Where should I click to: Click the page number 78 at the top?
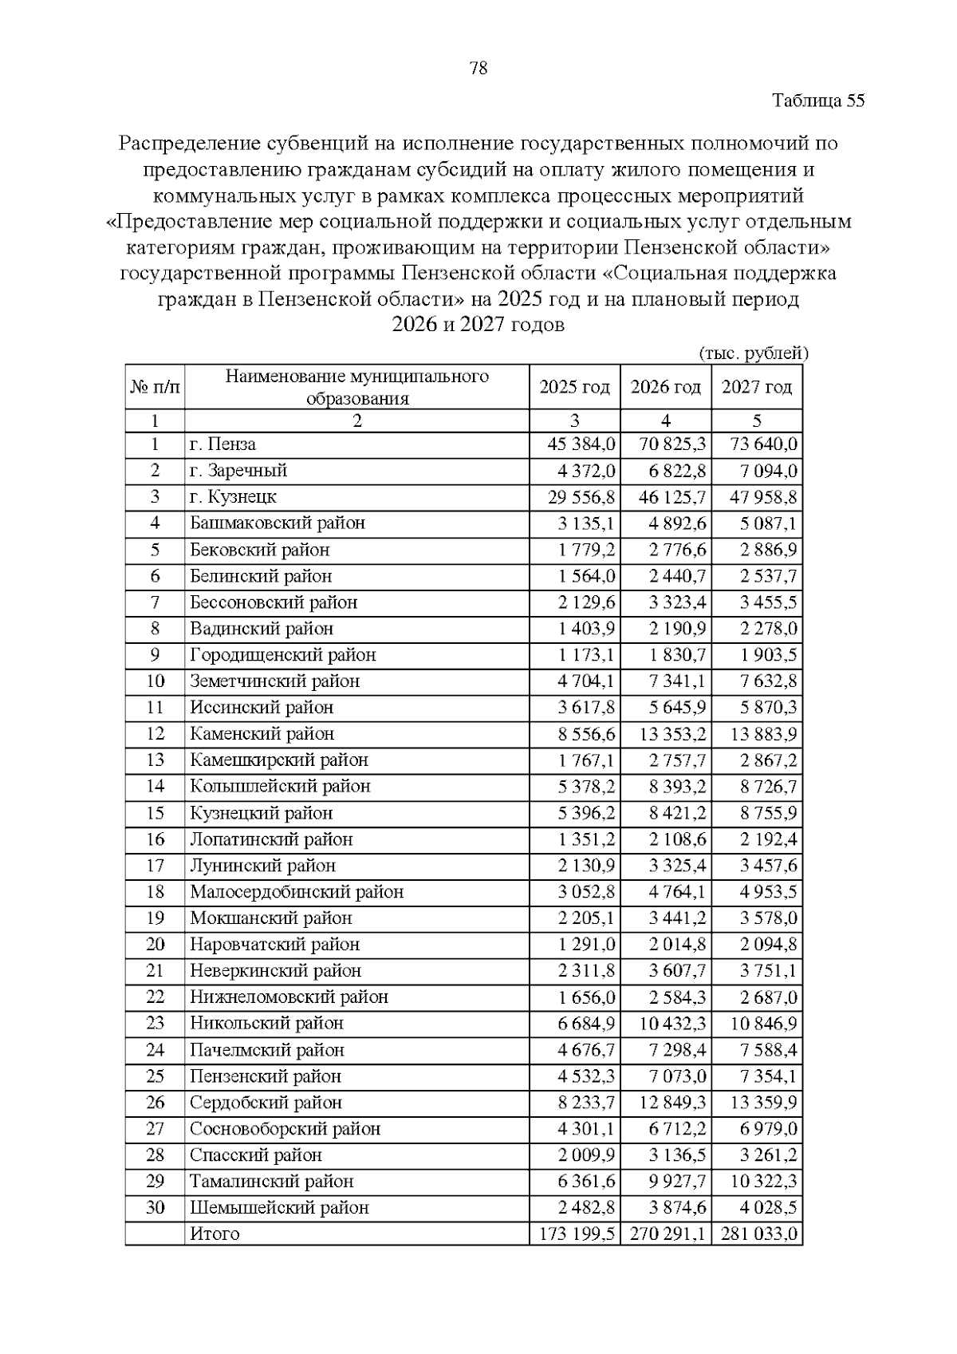point(478,68)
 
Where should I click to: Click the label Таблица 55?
point(818,101)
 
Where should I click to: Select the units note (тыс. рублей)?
point(754,353)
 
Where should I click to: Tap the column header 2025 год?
point(574,387)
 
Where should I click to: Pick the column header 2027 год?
point(757,387)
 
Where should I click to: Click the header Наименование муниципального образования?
point(356,387)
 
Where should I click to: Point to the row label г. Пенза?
point(223,444)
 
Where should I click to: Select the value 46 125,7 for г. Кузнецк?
point(666,497)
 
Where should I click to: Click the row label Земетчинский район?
point(274,681)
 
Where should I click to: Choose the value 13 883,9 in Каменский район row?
point(757,734)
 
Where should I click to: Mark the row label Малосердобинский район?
point(297,892)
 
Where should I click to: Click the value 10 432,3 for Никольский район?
point(666,1024)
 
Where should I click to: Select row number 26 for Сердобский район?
point(155,1103)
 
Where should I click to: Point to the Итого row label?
point(215,1234)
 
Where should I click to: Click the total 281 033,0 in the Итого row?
point(758,1234)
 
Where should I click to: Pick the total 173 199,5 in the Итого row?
point(575,1234)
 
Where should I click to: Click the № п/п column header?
point(155,387)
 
